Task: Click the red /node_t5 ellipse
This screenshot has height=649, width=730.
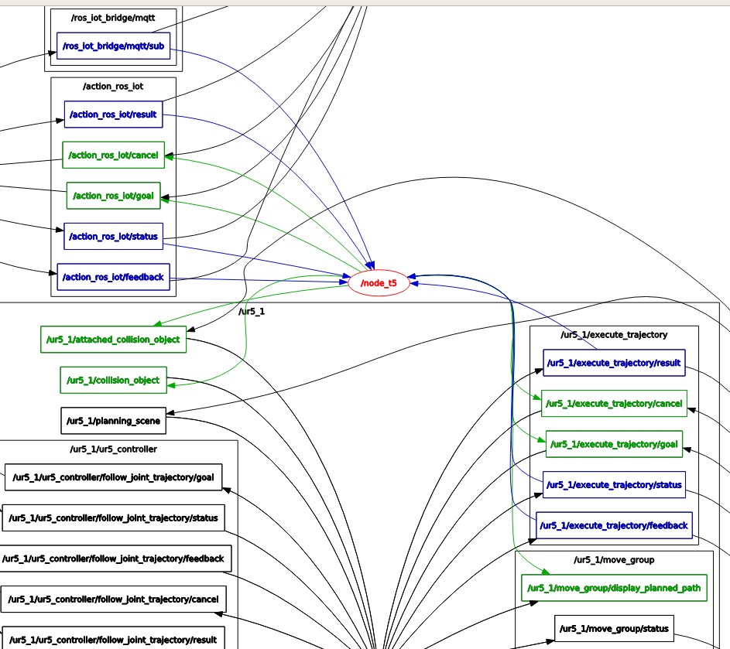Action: coord(378,284)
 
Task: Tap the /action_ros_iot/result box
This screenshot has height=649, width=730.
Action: coord(113,114)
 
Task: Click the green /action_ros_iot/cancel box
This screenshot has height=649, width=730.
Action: coord(113,155)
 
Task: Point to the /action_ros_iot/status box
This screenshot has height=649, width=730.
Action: coord(113,236)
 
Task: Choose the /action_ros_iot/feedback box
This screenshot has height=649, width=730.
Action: coord(113,276)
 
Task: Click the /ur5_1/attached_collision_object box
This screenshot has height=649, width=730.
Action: coord(113,339)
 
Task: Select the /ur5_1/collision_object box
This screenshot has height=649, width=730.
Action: coord(113,380)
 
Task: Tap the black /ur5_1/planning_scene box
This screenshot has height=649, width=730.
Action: coord(113,421)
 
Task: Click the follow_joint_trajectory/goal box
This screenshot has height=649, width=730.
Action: coord(113,477)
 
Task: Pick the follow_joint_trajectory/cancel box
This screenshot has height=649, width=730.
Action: coord(113,599)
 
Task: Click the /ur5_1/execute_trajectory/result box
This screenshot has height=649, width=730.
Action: coord(614,361)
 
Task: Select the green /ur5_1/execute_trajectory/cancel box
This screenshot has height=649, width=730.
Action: coord(614,403)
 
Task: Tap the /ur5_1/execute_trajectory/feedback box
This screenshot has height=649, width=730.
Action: coord(614,525)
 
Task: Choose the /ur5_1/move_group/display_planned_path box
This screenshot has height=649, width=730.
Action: coord(613,588)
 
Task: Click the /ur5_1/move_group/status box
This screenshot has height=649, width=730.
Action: coord(613,628)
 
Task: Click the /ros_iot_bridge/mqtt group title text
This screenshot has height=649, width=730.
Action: coord(113,17)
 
